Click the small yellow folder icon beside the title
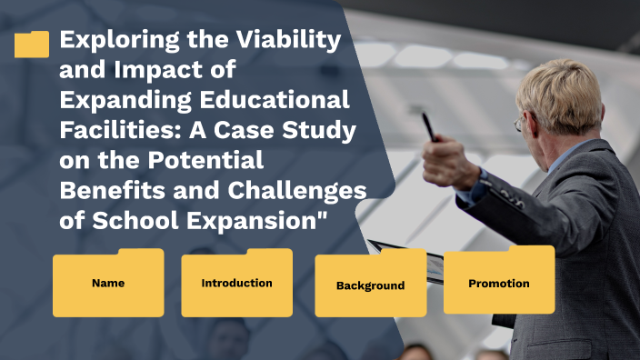[x=32, y=45]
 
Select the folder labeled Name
[x=108, y=284]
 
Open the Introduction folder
[x=236, y=284]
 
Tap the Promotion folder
[x=498, y=284]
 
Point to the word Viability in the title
[x=294, y=41]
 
